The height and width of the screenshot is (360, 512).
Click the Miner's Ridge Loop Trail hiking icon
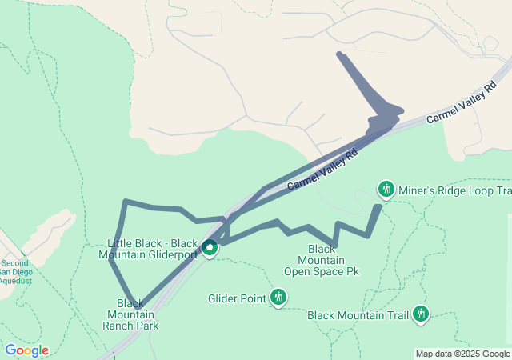coord(386,190)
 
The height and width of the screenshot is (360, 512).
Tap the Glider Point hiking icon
coord(278,298)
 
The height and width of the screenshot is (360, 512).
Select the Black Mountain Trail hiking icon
coord(421,314)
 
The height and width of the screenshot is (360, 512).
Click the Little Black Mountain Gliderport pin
coord(210,248)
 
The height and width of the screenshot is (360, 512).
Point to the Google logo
coord(26,350)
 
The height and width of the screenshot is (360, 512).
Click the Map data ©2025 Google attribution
coord(462,354)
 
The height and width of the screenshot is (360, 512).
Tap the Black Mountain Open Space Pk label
coord(322,261)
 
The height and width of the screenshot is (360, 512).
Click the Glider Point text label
coord(237,299)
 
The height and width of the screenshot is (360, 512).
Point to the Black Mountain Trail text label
coord(358,315)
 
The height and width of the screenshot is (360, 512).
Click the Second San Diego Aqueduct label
coord(14,272)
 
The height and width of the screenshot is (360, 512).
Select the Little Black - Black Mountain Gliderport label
coord(152,249)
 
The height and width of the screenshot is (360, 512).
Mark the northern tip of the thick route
coord(340,54)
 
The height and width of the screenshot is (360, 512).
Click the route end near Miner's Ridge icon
coord(378,207)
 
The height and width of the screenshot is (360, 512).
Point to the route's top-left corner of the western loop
coord(126,202)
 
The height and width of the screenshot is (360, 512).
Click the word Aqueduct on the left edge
coord(14,281)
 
